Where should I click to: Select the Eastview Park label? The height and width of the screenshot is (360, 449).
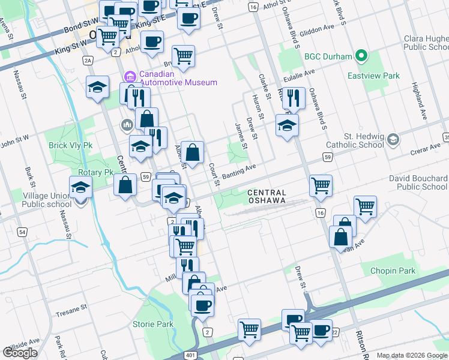pos(373,76)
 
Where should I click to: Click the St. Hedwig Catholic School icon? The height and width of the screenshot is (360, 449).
pos(393,139)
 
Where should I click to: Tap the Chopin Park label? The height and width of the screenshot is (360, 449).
pos(393,271)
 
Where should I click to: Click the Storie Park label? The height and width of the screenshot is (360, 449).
pos(153,325)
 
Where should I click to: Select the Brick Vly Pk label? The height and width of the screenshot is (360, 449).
pos(71,146)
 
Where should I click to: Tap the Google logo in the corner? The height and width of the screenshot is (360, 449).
pos(20,353)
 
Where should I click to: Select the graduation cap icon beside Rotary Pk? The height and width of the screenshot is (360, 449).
pos(81,187)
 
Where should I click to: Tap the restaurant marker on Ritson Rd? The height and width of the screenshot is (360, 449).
pos(293,98)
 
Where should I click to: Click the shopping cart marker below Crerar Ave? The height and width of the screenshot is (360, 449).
pos(321,185)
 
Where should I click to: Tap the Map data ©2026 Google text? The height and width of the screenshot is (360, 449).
pos(412,355)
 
